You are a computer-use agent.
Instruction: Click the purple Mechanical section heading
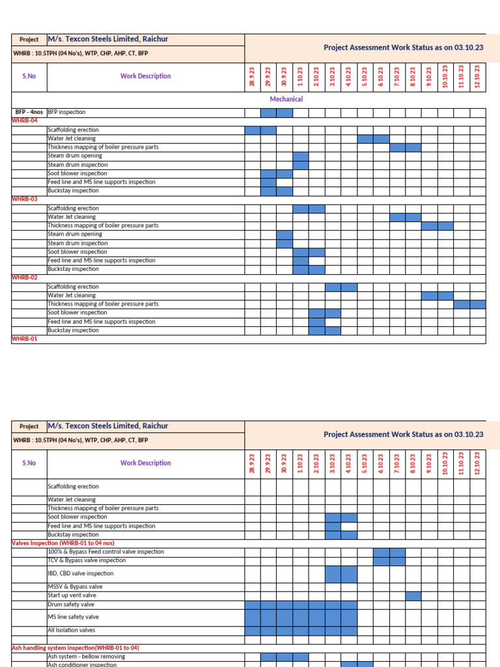(286, 99)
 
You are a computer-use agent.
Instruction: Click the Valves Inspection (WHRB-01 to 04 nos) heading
(63, 543)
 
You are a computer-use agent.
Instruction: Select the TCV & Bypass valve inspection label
(87, 560)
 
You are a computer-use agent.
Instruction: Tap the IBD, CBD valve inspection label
(80, 574)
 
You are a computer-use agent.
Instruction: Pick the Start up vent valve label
(72, 595)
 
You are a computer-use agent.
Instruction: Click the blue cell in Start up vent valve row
(413, 595)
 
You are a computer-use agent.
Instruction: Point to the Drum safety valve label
(71, 604)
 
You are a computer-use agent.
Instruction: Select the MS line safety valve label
(73, 617)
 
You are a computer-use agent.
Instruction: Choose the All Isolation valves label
(72, 631)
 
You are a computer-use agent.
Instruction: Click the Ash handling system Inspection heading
(76, 648)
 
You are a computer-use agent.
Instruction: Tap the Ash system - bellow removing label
(83, 657)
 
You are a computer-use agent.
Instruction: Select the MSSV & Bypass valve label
(74, 587)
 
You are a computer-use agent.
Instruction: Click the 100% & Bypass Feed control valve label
(105, 552)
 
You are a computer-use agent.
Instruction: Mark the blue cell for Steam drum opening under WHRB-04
(300, 156)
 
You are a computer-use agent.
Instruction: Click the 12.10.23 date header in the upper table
(477, 76)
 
